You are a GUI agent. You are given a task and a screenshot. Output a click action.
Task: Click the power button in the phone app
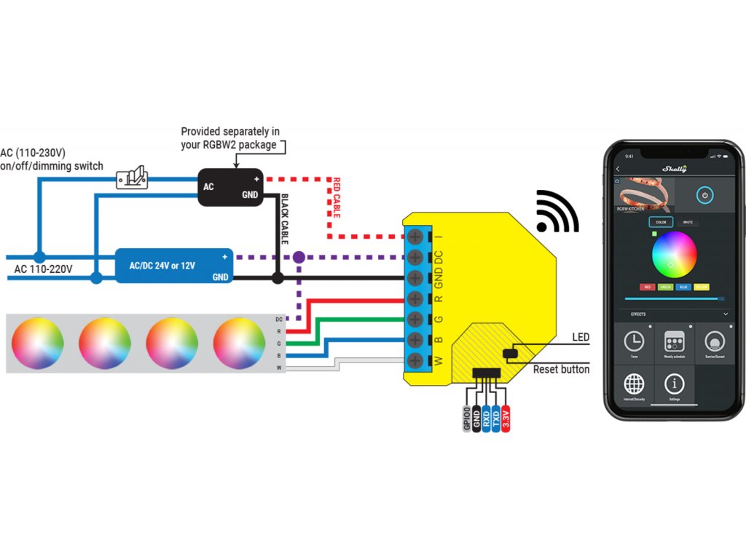coord(704,195)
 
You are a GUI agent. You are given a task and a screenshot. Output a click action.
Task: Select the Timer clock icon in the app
coord(634,341)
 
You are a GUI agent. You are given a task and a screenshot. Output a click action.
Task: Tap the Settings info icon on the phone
coord(675,384)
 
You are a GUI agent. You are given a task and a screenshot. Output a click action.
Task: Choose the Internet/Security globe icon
coord(635,384)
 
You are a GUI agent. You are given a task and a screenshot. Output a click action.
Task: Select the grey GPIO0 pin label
coord(467,419)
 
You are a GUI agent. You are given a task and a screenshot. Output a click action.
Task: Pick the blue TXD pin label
coord(496,419)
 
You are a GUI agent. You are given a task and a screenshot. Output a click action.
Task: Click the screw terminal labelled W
coord(415,360)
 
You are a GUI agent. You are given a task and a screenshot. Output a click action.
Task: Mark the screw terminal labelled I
coord(415,237)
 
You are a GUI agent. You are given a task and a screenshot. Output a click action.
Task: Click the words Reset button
coord(561,370)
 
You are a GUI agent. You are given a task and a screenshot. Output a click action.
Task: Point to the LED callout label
coord(581,337)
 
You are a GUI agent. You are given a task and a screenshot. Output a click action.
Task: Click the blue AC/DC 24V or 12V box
coord(174,266)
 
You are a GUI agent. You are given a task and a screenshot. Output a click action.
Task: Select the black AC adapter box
coord(231,186)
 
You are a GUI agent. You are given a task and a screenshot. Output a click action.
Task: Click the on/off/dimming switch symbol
coord(133,178)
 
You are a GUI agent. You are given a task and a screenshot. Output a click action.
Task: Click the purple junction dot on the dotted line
coord(298,258)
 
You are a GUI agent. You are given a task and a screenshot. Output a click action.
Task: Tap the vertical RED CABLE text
coord(337,197)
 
